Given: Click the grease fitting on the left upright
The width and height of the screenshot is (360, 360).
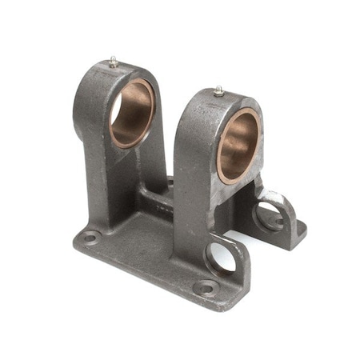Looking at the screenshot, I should coord(114,61).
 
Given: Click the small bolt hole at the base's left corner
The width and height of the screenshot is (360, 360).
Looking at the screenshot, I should coord(90,237).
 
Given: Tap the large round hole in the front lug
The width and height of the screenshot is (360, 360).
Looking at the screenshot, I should coord(221,258).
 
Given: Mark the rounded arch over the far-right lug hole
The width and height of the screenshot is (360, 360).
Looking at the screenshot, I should coord(276,196).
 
